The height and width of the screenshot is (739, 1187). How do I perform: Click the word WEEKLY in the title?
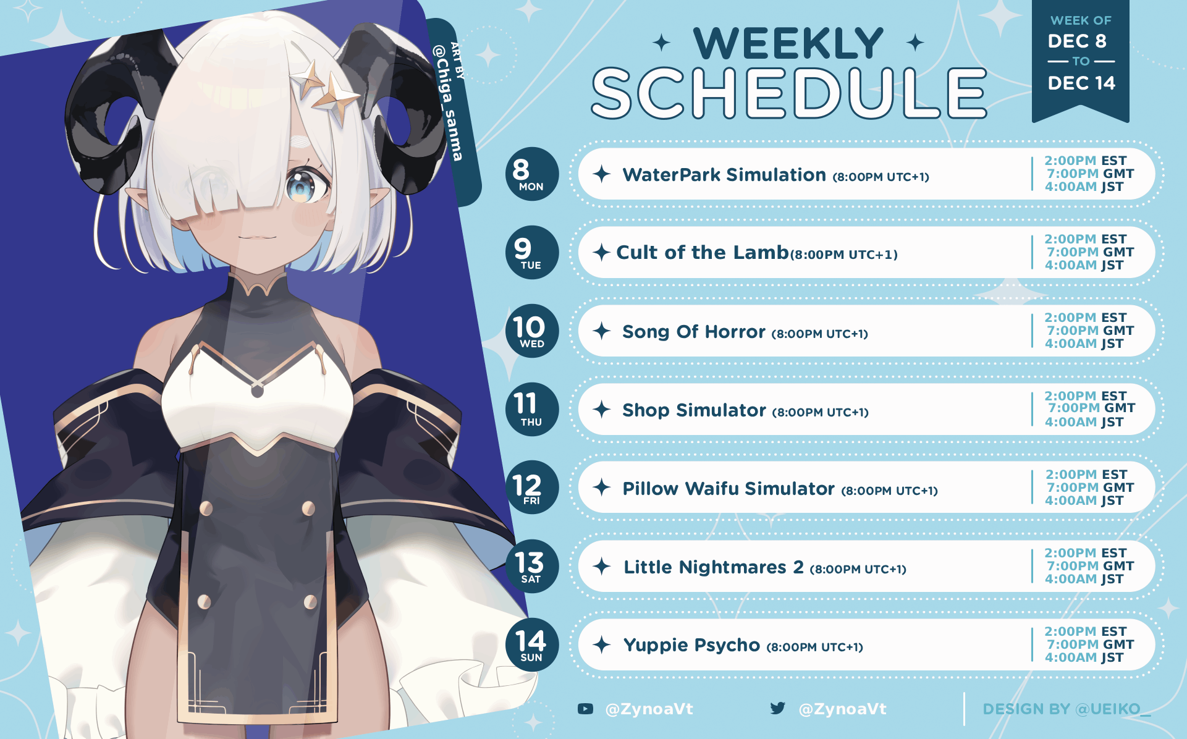coord(788,43)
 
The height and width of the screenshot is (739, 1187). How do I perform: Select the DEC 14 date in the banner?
coord(1081,83)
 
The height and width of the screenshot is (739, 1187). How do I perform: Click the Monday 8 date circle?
coord(531,174)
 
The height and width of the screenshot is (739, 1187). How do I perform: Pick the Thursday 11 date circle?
coord(531,409)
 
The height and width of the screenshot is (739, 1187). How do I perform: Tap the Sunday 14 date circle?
coord(531,644)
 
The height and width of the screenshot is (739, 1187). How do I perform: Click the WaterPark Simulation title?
coord(724,175)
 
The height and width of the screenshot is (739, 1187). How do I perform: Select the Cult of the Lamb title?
coord(703,252)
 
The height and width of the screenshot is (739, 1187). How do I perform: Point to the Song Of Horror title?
coord(694,332)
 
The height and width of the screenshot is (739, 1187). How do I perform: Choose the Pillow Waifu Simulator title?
coord(729,489)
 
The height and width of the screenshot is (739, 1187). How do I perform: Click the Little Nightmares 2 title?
coord(714,567)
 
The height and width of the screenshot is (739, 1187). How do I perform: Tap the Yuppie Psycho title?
coord(691,646)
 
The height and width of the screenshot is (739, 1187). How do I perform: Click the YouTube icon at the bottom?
coord(585,709)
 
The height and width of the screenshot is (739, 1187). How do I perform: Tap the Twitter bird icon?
coord(778,708)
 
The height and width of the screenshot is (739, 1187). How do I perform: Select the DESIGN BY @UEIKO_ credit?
coord(1067,709)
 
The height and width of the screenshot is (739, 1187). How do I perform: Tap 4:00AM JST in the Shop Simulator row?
coord(1084,422)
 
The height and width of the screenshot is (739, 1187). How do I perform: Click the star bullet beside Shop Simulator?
coord(602,409)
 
